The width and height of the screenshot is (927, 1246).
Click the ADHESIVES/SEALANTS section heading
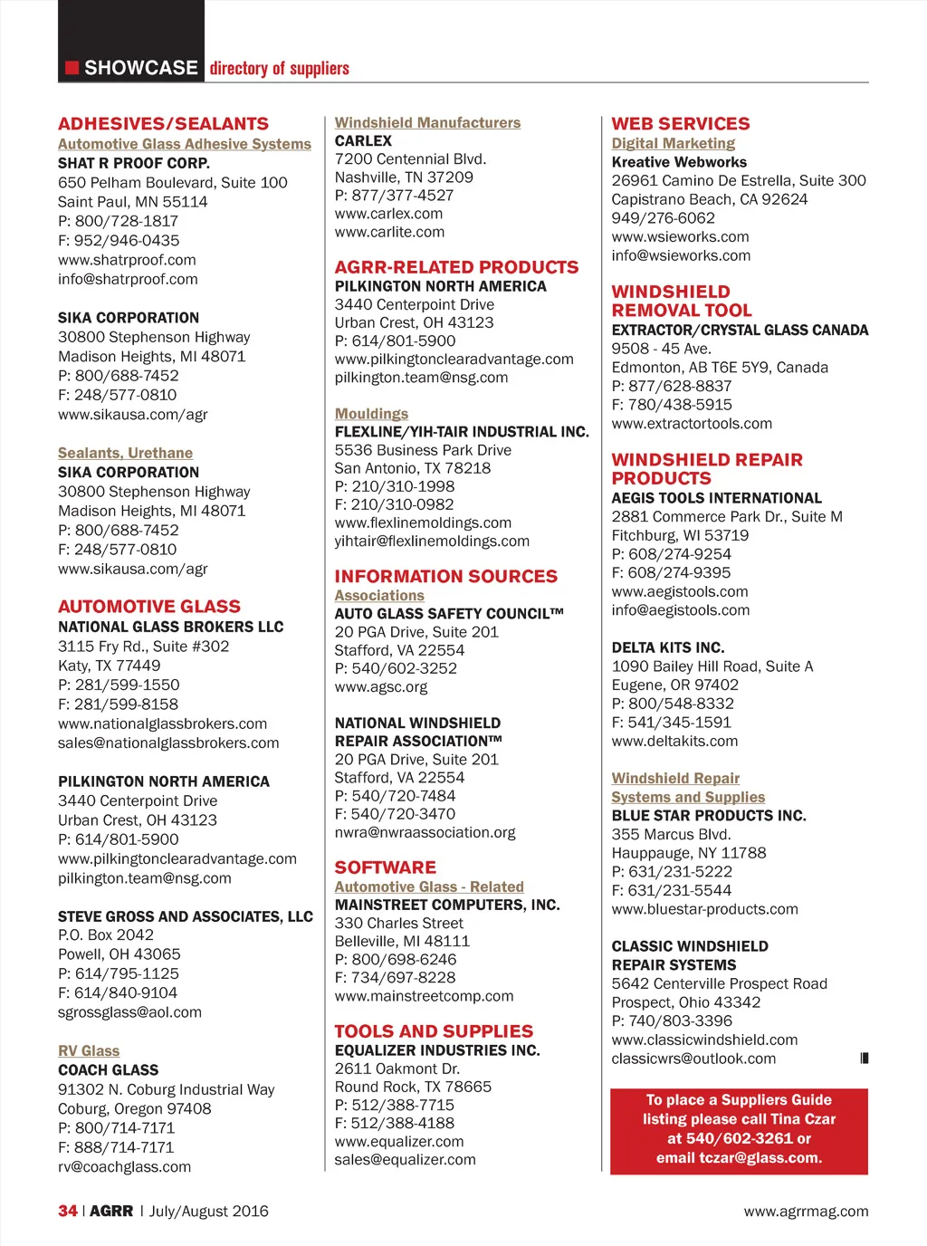tap(163, 124)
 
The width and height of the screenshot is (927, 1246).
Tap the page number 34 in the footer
tap(68, 1211)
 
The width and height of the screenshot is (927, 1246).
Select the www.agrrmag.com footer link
tap(806, 1212)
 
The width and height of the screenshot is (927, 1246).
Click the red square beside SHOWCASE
tap(72, 68)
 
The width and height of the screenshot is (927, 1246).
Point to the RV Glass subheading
tap(89, 1050)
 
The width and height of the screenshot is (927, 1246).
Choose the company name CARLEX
tap(363, 141)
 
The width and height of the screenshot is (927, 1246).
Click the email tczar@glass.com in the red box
tap(760, 1158)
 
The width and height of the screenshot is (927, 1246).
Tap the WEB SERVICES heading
tap(680, 124)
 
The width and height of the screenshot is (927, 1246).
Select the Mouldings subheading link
tap(371, 414)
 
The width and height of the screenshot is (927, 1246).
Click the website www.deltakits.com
tap(674, 742)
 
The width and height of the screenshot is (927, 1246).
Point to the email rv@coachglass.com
tap(124, 1167)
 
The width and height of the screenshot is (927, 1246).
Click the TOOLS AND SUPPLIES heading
tap(434, 1031)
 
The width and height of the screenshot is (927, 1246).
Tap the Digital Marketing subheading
tap(673, 143)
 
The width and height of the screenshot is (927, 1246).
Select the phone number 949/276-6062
tap(663, 218)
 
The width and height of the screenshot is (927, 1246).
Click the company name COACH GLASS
tap(108, 1070)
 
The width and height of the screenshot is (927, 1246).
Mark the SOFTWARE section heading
tap(385, 867)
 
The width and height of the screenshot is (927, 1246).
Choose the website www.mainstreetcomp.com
tap(424, 996)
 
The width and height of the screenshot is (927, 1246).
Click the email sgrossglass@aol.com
tap(129, 1012)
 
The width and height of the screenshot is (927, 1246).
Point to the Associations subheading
tap(379, 596)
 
